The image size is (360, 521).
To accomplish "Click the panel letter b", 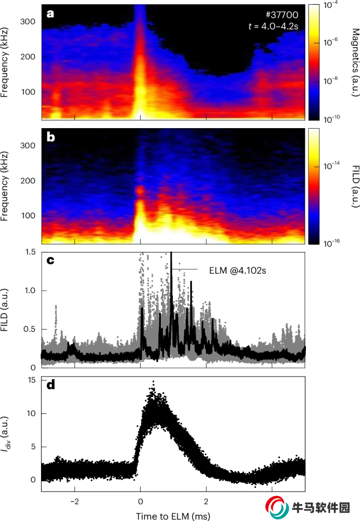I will pos(51,138).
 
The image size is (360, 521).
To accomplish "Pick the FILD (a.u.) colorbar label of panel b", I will pos(352,186).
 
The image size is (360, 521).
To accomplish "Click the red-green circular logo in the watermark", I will pos(277,507).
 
